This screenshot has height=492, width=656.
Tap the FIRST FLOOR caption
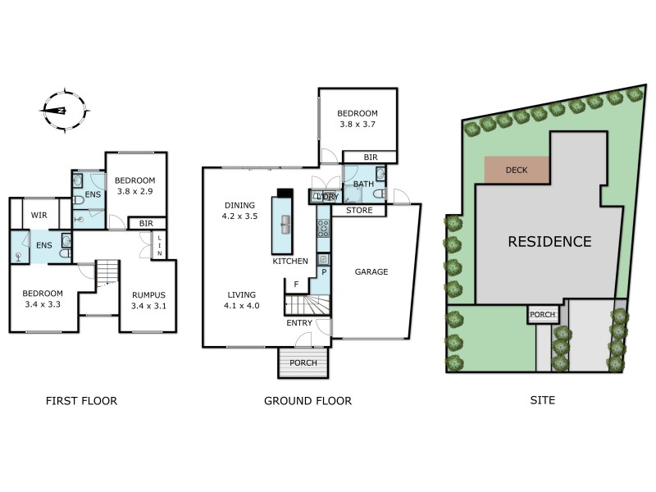click(x=80, y=401)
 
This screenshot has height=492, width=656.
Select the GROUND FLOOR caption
click(x=307, y=401)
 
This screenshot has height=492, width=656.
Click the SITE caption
click(x=542, y=401)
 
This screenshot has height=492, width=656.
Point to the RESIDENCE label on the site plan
click(x=549, y=242)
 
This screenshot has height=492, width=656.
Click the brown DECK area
click(x=517, y=170)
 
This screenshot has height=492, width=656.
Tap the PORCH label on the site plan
click(x=543, y=314)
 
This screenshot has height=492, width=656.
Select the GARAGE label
click(x=371, y=271)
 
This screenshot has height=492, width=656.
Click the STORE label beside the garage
click(x=359, y=211)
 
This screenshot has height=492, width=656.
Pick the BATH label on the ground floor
click(x=363, y=184)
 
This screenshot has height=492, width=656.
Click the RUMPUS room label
click(x=148, y=301)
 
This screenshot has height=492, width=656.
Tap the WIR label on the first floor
click(x=39, y=216)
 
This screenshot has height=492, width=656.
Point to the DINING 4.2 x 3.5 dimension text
click(x=240, y=212)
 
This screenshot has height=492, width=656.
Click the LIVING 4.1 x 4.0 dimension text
click(x=242, y=300)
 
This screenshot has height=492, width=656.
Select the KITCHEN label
click(x=290, y=262)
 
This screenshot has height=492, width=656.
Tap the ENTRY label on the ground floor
click(x=298, y=323)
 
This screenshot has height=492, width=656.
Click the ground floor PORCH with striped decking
click(x=303, y=362)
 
